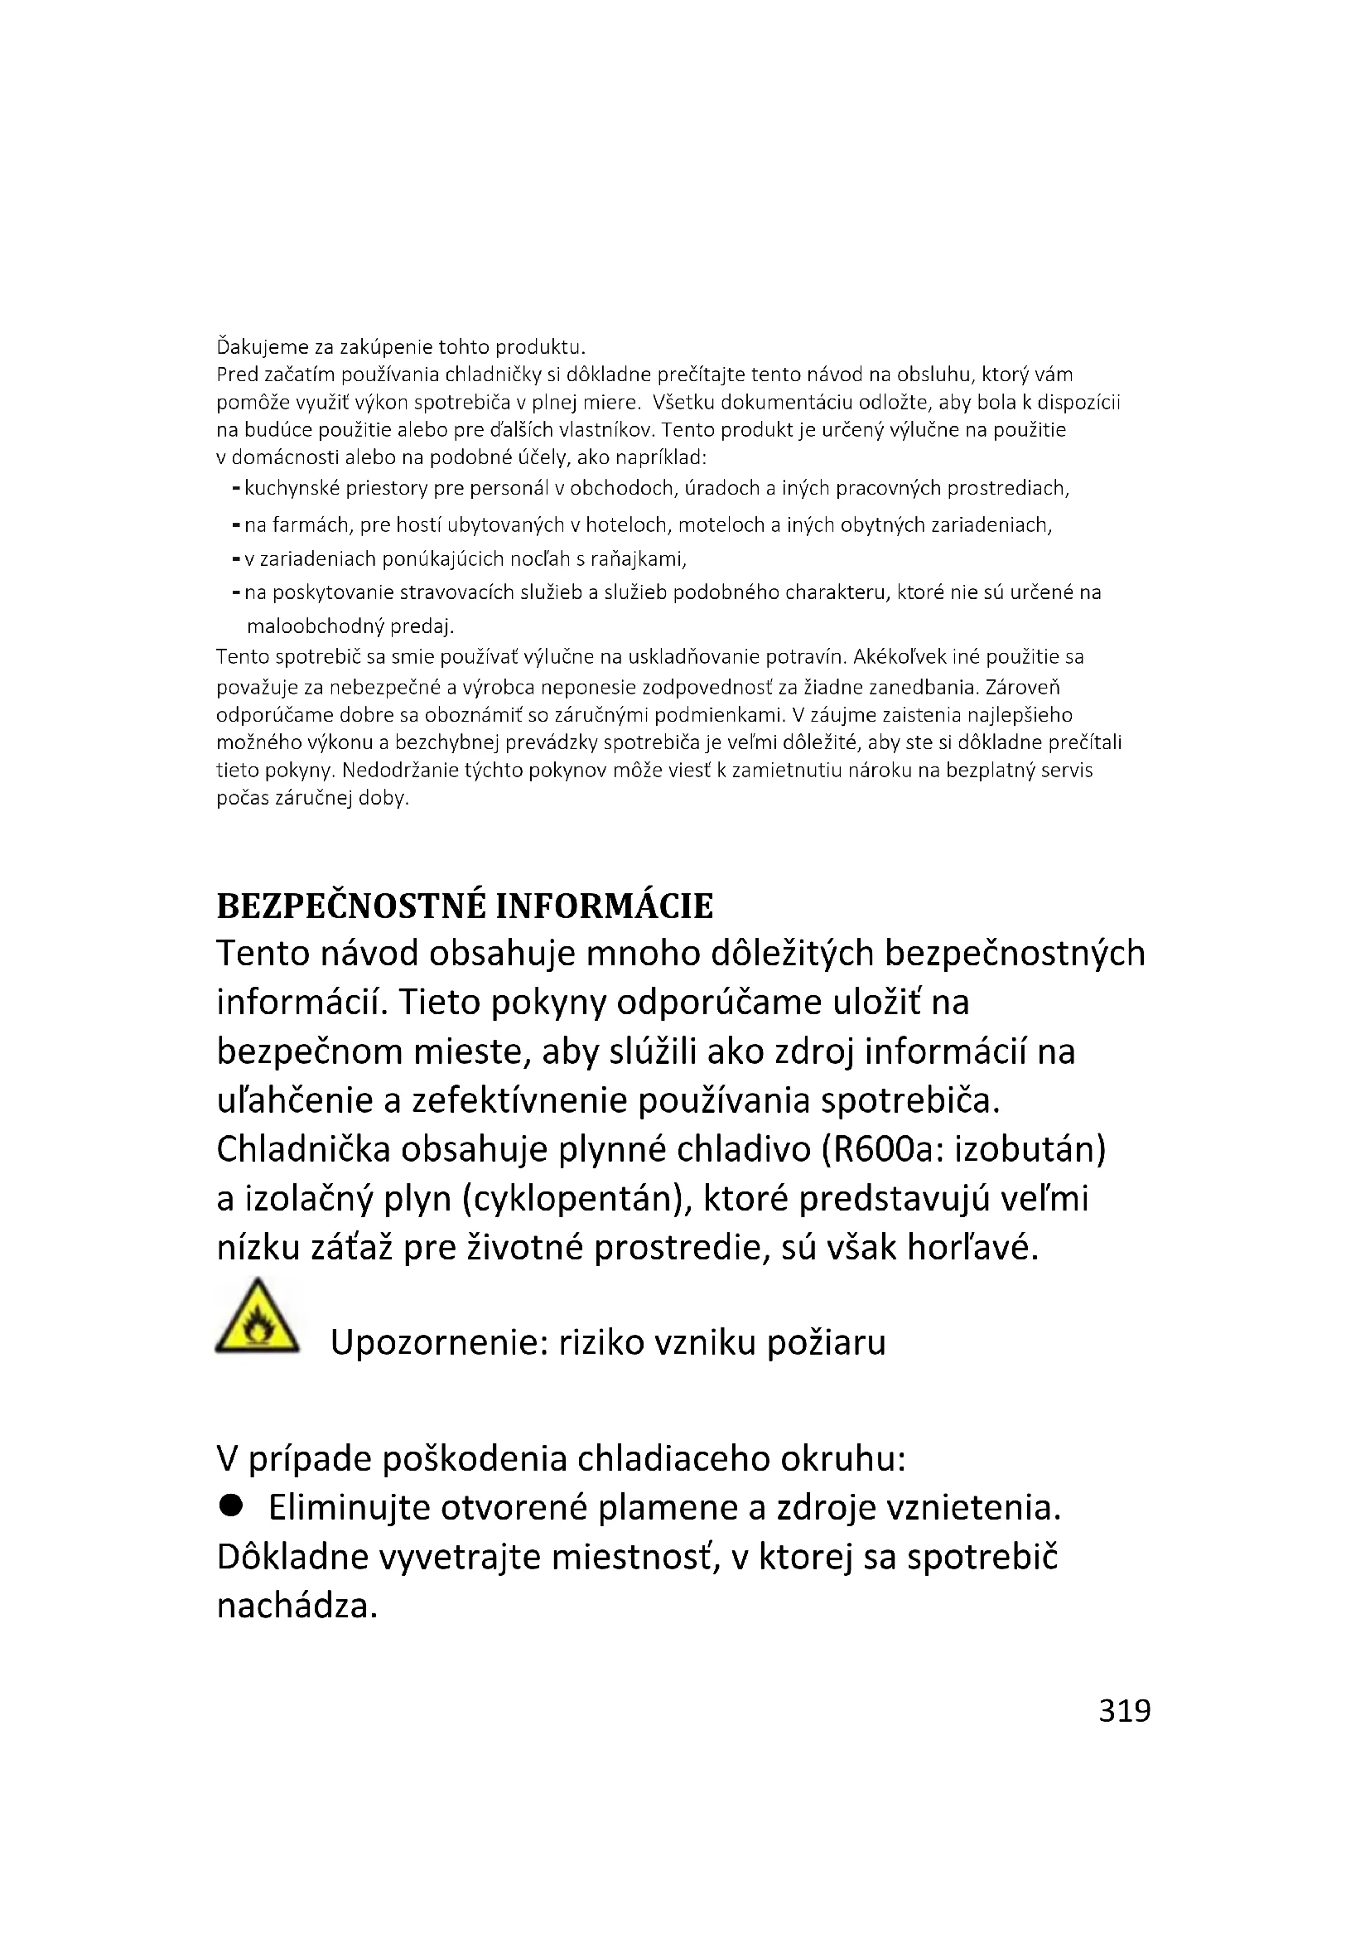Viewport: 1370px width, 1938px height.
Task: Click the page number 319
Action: (x=1124, y=1710)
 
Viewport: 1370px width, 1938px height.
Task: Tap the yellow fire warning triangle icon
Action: (x=258, y=1318)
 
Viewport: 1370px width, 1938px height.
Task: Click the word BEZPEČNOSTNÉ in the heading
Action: (x=351, y=906)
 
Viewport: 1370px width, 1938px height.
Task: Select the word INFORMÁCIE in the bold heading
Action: (x=604, y=906)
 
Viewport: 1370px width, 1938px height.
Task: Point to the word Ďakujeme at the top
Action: (x=253, y=347)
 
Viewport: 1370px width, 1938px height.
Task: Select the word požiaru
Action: (x=826, y=1342)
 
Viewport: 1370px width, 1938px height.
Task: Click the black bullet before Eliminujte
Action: (x=230, y=1505)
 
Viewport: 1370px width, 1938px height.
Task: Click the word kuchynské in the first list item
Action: (x=284, y=488)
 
